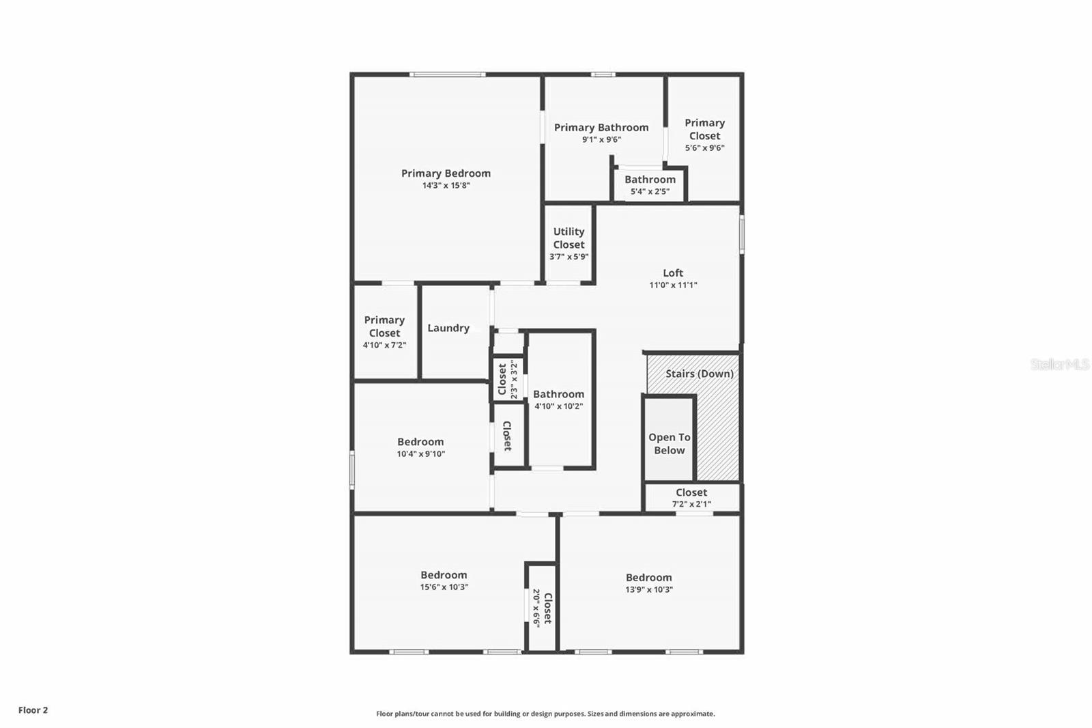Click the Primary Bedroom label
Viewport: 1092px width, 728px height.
point(446,173)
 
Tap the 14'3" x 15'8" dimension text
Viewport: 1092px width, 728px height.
point(446,186)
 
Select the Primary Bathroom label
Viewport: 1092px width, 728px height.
point(601,128)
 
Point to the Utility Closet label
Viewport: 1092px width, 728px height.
point(569,238)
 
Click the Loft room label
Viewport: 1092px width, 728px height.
point(673,273)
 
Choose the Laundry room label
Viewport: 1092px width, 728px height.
point(448,328)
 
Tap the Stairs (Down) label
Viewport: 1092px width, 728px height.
point(700,374)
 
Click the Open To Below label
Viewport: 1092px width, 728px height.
point(669,444)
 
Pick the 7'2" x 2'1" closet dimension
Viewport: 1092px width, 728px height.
point(691,505)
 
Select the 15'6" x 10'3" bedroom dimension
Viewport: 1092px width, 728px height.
point(444,587)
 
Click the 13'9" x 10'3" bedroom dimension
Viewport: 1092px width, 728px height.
point(649,590)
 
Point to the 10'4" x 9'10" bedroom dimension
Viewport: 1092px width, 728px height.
point(420,454)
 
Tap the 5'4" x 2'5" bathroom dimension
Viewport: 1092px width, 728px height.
point(650,192)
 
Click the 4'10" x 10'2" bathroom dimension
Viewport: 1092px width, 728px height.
point(558,406)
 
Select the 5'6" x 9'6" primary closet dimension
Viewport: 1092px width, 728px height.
point(705,148)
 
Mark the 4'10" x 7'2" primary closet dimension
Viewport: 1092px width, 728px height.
point(384,346)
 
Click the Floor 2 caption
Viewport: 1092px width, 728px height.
point(33,710)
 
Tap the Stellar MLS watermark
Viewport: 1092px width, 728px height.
point(1060,365)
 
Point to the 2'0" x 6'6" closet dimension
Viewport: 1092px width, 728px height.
point(536,608)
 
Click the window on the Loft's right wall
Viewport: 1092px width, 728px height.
point(742,236)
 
